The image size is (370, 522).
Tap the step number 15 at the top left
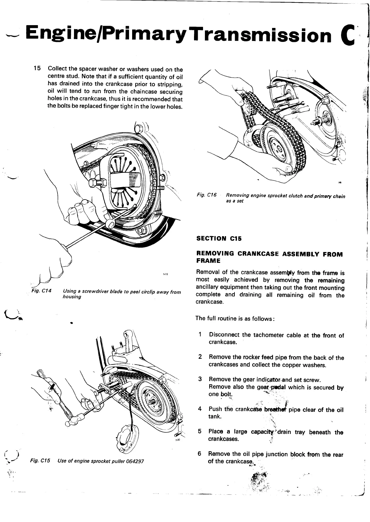click(x=37, y=69)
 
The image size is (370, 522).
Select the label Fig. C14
click(x=41, y=291)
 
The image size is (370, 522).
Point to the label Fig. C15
click(x=40, y=461)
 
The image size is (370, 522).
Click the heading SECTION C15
click(x=219, y=238)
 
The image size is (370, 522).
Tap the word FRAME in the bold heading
click(x=208, y=260)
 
